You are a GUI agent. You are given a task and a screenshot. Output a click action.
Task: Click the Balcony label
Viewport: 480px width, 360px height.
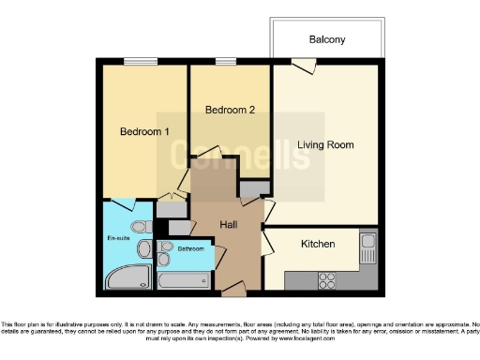pos(327,39)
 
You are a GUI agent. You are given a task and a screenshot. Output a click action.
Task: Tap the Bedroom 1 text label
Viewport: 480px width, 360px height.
pos(144,132)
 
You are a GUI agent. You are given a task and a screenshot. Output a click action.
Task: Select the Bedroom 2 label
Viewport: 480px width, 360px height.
pos(231,110)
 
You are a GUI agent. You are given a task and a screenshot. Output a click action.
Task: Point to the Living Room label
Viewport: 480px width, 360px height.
pos(325,144)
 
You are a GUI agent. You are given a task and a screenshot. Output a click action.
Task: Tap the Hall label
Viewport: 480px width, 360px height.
pos(229,225)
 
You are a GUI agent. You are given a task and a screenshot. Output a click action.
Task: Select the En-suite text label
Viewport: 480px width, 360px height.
pos(117,238)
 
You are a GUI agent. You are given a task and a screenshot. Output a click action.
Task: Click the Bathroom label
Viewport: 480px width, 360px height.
pos(191,249)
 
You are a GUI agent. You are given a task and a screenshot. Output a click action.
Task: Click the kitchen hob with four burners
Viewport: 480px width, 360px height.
pos(329,279)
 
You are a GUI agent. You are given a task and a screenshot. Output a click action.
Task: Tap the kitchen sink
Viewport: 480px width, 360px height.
pos(367,247)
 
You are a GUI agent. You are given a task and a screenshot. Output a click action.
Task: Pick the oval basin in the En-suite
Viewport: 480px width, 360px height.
pos(144,248)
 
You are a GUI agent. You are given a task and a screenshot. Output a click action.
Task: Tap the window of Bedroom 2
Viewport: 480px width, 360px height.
pos(225,62)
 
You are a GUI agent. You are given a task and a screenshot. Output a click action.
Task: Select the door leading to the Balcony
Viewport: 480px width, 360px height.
pos(302,65)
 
